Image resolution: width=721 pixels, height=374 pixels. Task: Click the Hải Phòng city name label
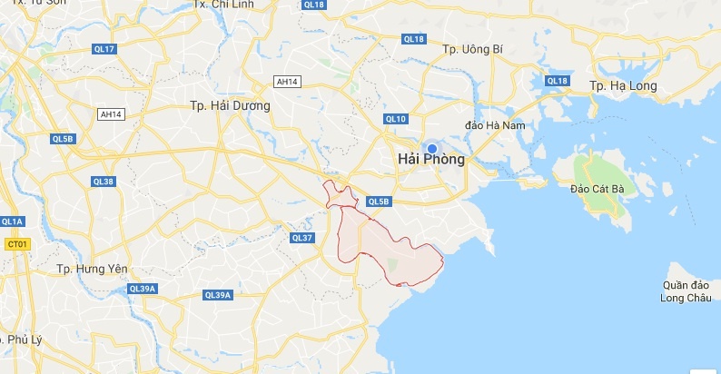(431, 160)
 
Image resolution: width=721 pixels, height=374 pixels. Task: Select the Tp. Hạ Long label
(622, 84)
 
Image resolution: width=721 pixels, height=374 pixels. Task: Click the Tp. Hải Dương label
(231, 106)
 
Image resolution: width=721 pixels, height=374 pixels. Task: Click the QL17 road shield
(104, 48)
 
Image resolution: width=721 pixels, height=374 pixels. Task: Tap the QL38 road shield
(104, 182)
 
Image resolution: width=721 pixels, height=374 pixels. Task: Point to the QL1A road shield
(13, 221)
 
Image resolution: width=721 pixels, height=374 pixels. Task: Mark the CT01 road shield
(16, 244)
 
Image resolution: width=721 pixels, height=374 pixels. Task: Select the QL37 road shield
(301, 238)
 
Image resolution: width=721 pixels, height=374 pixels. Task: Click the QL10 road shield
(395, 119)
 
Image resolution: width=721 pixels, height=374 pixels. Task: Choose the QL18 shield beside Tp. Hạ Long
(556, 81)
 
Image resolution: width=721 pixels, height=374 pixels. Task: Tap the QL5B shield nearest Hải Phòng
(379, 202)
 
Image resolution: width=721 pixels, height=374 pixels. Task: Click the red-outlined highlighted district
(381, 245)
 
